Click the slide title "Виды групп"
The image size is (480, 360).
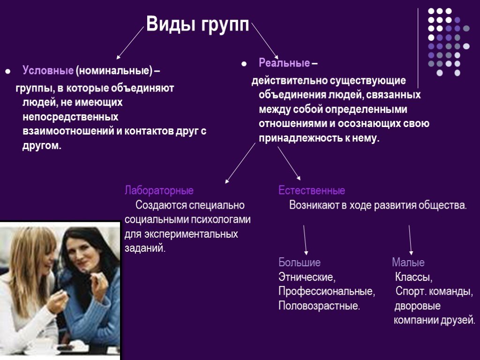click(197, 24)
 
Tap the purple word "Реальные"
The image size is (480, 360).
click(284, 63)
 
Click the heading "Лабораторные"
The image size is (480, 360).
click(159, 191)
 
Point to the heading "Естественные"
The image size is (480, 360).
click(312, 191)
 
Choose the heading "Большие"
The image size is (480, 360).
click(300, 262)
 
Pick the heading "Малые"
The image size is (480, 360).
click(408, 262)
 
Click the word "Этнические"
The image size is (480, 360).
click(307, 277)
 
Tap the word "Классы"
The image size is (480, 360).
click(413, 277)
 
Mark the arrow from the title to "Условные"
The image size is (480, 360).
click(130, 43)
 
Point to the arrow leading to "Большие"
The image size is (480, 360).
click(305, 240)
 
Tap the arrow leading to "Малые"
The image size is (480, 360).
click(410, 240)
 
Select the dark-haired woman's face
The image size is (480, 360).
click(82, 256)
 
